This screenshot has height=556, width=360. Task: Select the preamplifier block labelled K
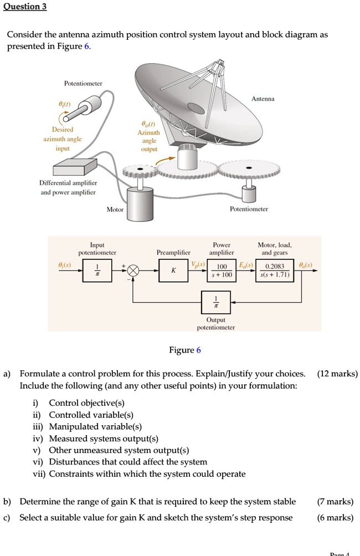[x=173, y=271]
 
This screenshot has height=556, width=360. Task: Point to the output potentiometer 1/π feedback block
[x=216, y=303]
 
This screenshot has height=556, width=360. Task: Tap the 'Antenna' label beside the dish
[x=263, y=99]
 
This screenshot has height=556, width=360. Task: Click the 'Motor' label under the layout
[x=115, y=210]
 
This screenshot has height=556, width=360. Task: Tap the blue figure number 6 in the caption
[x=198, y=350]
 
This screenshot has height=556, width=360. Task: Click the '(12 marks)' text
[x=337, y=374]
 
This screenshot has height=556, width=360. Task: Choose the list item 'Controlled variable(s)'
[x=91, y=415]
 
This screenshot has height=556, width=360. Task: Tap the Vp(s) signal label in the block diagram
[x=198, y=265]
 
